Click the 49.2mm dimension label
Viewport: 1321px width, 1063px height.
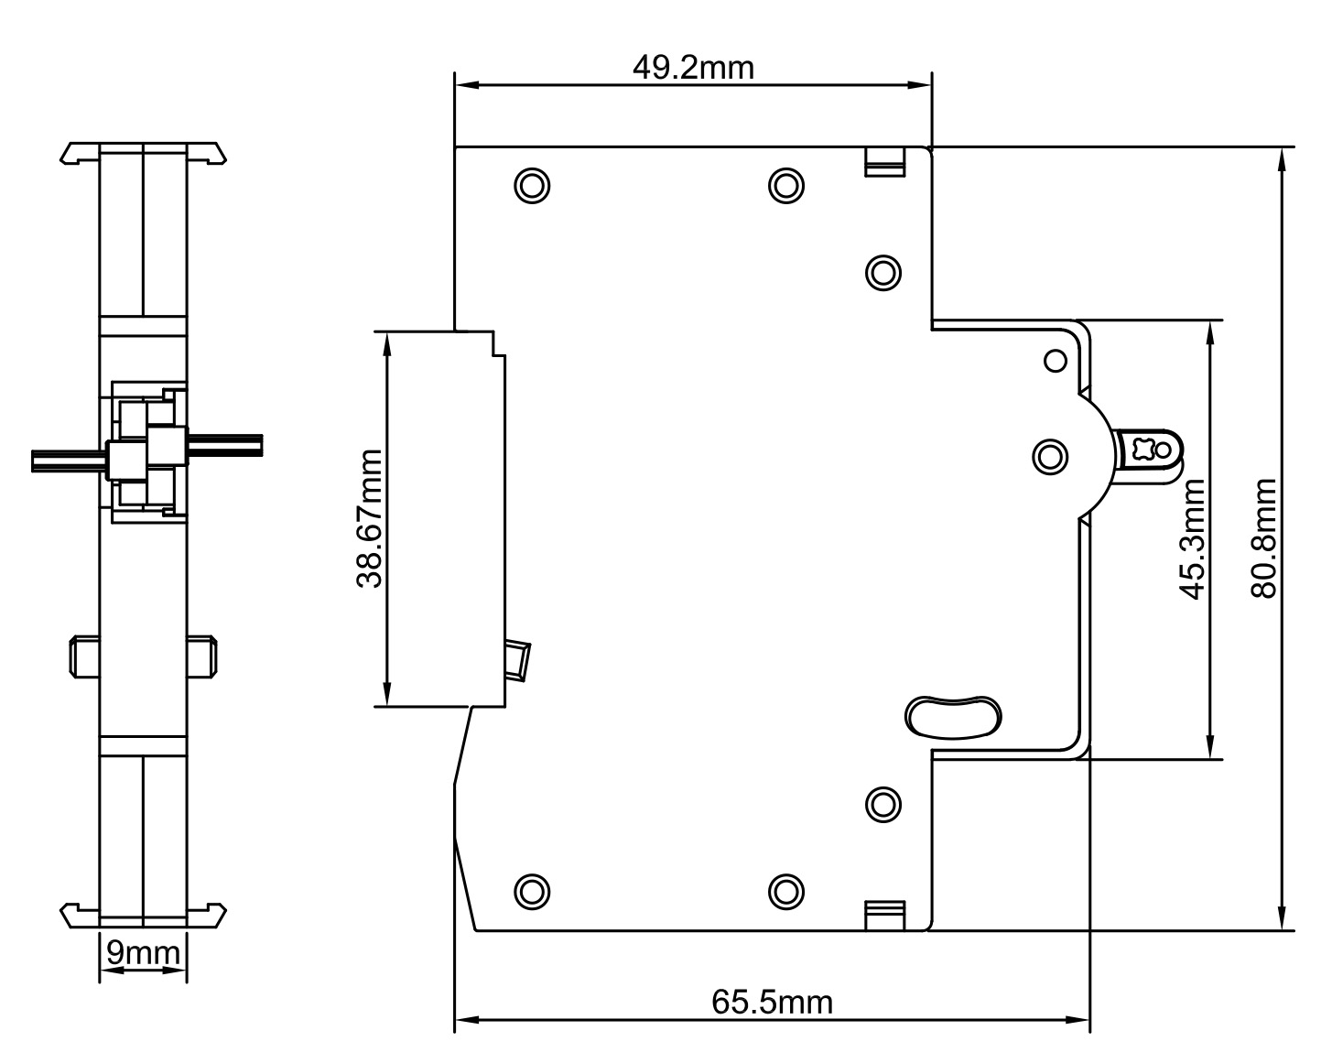coord(693,67)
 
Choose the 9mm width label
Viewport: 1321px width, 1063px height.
coord(143,953)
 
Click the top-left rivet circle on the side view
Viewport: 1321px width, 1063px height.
coord(532,185)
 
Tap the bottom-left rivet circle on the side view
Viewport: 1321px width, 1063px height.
coord(532,890)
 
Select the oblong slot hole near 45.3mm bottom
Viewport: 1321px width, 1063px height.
coord(953,715)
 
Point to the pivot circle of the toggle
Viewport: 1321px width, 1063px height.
coord(1050,455)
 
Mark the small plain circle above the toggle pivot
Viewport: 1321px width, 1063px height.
coord(1056,361)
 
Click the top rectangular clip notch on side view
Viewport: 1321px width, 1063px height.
coord(884,161)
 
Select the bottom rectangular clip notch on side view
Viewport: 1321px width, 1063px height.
coord(884,914)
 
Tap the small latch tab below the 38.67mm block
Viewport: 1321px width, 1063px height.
coord(518,660)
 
